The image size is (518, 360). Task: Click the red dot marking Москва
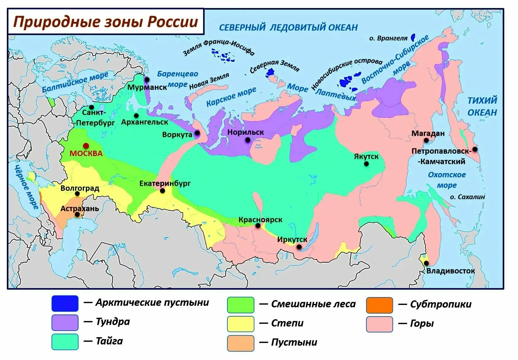(x=86, y=146)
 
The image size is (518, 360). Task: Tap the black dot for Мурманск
(x=147, y=80)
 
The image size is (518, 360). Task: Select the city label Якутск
(x=366, y=156)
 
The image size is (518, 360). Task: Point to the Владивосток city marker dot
(x=426, y=263)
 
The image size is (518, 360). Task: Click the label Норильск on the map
(x=246, y=132)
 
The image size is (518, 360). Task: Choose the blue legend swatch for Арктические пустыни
(x=65, y=303)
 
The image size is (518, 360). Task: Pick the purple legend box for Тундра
(x=65, y=322)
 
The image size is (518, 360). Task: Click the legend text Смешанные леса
(x=313, y=304)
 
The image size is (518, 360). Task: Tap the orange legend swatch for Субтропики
(x=379, y=305)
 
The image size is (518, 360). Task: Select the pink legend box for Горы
(x=379, y=324)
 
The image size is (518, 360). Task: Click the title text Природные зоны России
(x=106, y=22)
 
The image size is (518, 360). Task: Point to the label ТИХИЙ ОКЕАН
(x=482, y=106)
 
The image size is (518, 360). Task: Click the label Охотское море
(x=447, y=180)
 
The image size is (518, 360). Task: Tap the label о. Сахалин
(x=467, y=197)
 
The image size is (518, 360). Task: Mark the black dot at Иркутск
(x=299, y=247)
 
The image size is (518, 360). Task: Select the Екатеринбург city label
(x=165, y=183)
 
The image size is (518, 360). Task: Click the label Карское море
(x=231, y=97)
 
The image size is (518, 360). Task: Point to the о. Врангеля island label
(x=388, y=38)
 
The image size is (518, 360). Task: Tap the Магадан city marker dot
(x=426, y=140)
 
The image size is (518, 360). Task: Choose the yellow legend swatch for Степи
(x=240, y=324)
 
